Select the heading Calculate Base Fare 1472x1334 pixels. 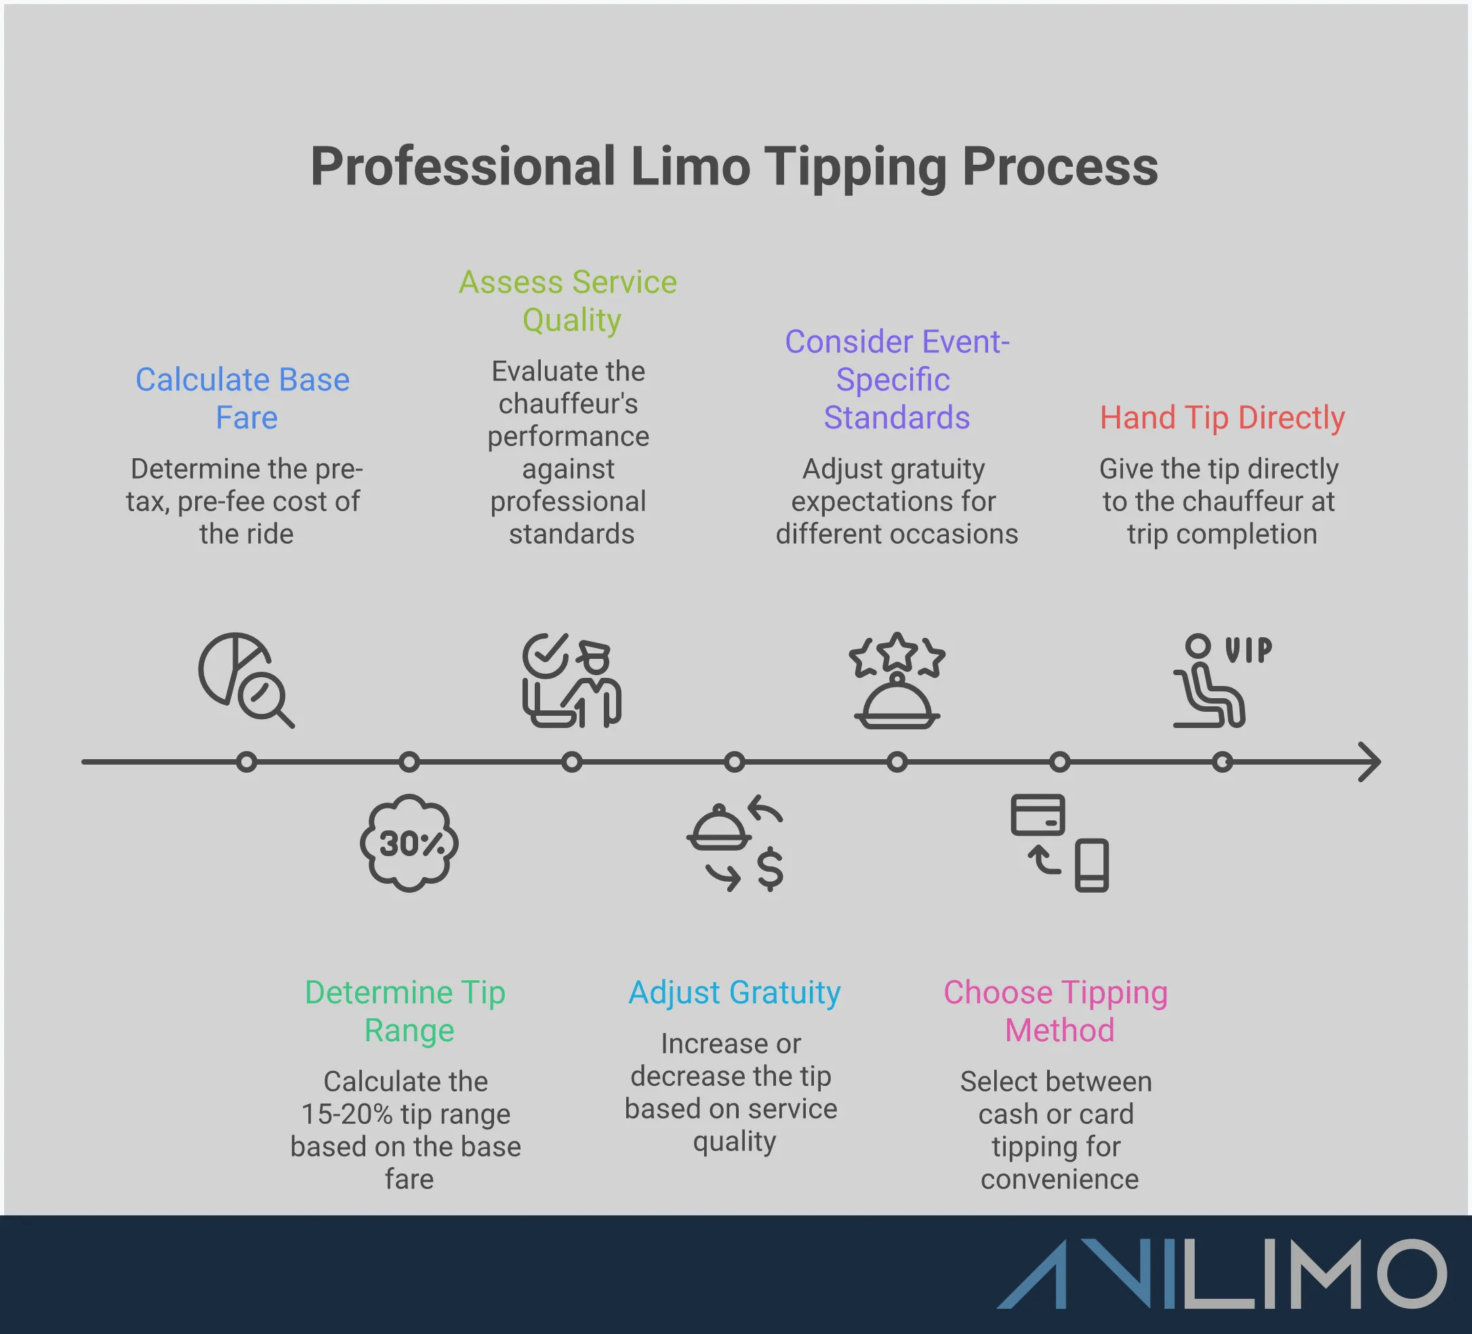[x=244, y=399]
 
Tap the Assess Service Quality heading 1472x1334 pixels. [x=568, y=301]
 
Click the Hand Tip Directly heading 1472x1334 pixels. [x=1221, y=418]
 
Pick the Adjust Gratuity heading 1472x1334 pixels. [x=734, y=992]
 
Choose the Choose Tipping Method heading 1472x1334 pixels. [x=1056, y=1011]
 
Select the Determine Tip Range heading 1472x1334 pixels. [x=406, y=1011]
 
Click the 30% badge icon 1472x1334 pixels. [x=409, y=843]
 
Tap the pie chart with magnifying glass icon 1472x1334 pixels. [x=245, y=679]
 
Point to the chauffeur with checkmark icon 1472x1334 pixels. [x=571, y=681]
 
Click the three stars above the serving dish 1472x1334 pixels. [x=897, y=654]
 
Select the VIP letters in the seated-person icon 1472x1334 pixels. [x=1248, y=650]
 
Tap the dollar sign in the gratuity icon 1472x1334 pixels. [x=770, y=870]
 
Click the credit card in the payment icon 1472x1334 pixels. [x=1038, y=815]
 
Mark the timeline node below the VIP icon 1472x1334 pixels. [x=1223, y=763]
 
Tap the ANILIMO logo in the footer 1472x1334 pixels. [x=1221, y=1274]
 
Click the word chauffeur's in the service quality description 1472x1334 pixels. [x=568, y=404]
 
